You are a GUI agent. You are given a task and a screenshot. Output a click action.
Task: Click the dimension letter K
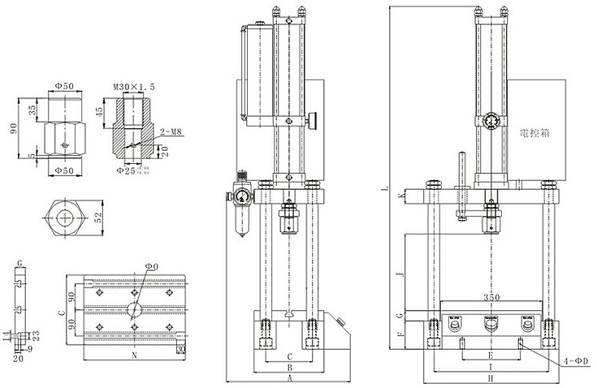click(x=401, y=196)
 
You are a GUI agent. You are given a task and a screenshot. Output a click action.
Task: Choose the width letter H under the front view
click(x=491, y=379)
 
